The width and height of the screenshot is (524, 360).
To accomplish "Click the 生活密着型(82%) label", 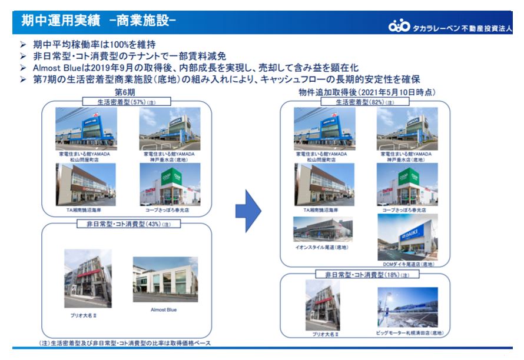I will point(366,102).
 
